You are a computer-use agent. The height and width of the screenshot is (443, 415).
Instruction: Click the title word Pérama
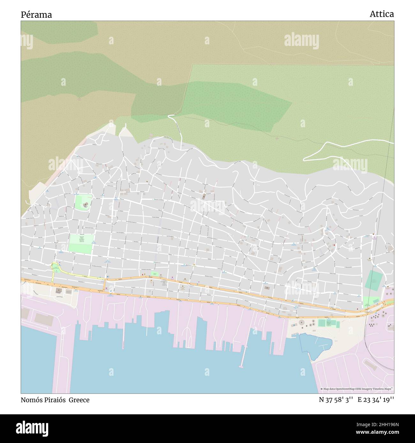click(36, 15)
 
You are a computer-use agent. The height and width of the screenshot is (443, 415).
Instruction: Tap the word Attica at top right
click(381, 14)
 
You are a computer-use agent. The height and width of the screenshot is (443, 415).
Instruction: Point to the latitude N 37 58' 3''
click(336, 400)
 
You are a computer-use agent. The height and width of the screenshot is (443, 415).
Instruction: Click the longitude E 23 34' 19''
click(376, 400)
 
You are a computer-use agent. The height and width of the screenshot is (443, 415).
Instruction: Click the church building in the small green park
click(86, 204)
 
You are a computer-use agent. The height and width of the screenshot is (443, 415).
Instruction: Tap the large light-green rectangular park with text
click(81, 244)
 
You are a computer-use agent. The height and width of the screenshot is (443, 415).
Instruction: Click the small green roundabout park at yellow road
click(56, 268)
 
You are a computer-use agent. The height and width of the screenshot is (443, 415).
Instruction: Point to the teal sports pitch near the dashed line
click(373, 280)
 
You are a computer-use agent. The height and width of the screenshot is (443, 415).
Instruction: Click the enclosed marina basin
click(314, 346)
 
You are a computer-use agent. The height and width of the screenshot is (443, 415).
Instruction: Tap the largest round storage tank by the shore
click(302, 323)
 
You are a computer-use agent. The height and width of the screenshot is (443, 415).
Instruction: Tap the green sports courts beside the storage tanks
click(328, 323)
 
